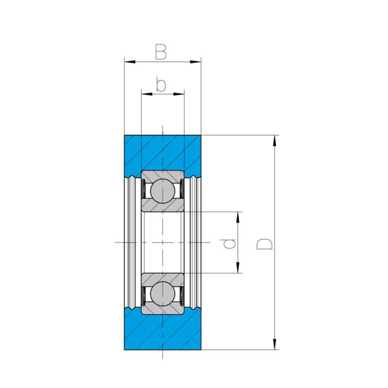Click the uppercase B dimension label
pyautogui.click(x=161, y=52)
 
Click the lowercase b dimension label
pyautogui.click(x=161, y=84)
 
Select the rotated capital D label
pyautogui.click(x=264, y=244)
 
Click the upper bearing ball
pyautogui.click(x=162, y=191)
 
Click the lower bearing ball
pyautogui.click(x=162, y=293)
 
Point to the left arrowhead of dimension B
pyautogui.click(x=130, y=61)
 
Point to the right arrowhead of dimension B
pyautogui.click(x=195, y=61)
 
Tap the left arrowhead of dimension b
pyautogui.click(x=147, y=94)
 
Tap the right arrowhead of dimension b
pyautogui.click(x=179, y=94)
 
